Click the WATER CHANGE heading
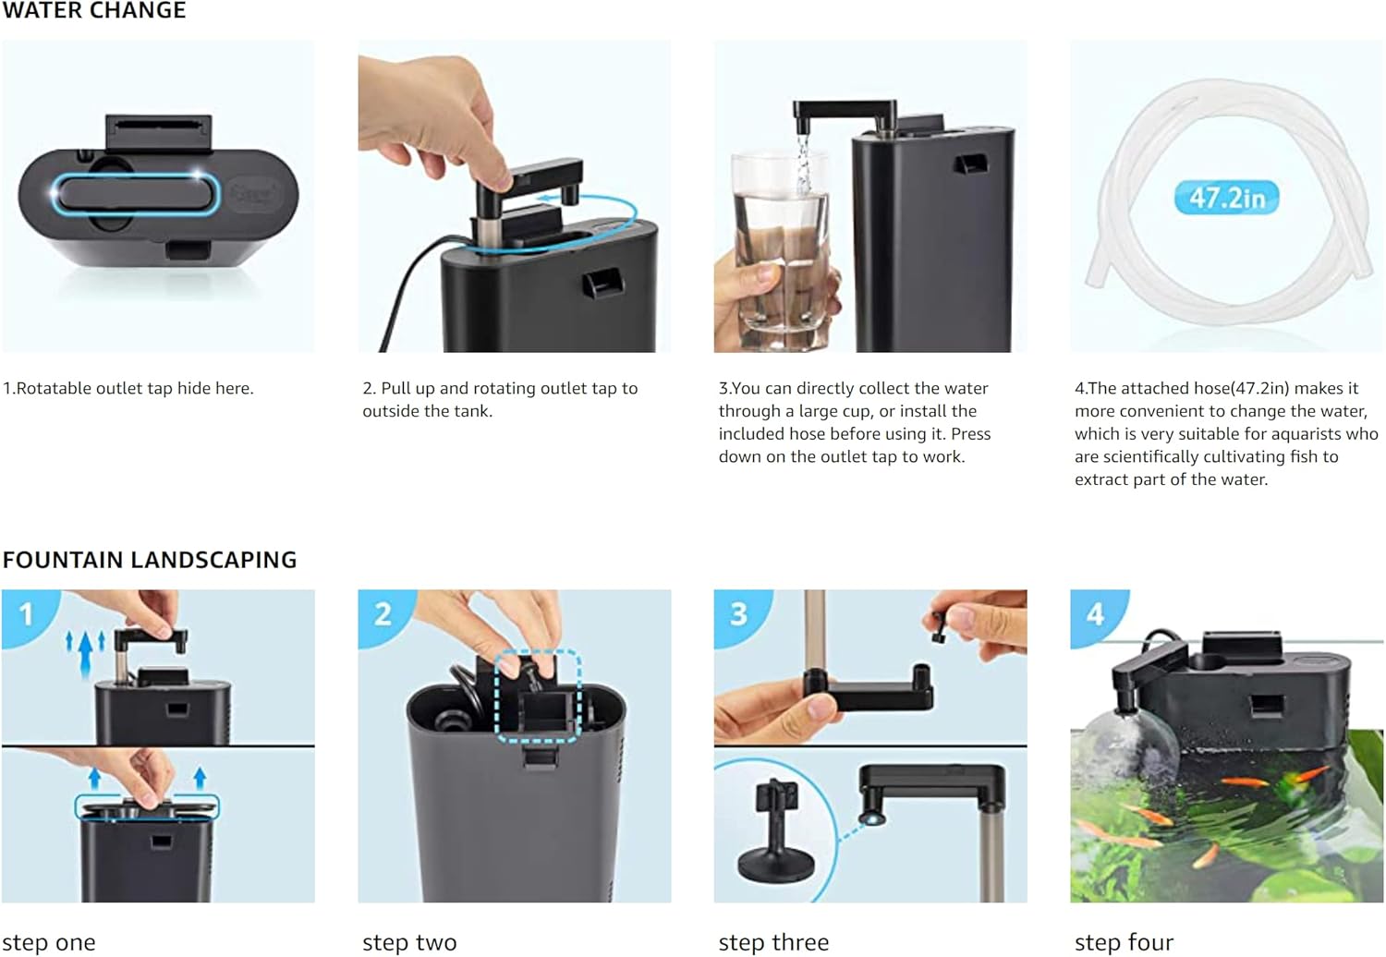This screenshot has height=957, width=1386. coord(94,10)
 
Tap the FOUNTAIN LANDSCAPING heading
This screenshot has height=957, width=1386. coord(150,559)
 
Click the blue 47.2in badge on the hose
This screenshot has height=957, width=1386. coord(1226,198)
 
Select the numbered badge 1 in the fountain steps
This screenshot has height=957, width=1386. coord(26,614)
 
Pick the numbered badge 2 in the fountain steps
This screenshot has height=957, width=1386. coord(383,614)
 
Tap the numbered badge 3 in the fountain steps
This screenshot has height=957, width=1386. coord(739,614)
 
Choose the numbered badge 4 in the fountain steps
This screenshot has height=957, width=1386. coord(1095,614)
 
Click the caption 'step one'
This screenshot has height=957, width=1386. coord(49,942)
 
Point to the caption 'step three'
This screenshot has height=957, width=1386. coord(773,942)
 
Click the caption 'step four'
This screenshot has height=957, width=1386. coord(1124,942)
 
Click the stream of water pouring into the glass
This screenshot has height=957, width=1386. coord(803,164)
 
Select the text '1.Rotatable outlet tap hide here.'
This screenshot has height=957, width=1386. coord(128,389)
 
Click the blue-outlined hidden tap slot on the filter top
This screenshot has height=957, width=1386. coord(136,194)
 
